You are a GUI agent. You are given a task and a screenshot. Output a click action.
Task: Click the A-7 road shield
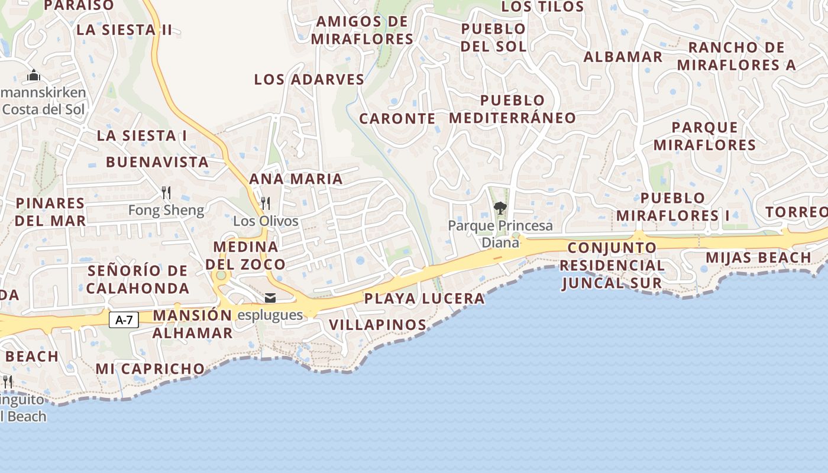124,320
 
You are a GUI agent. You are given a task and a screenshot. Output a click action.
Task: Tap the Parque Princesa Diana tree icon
500,208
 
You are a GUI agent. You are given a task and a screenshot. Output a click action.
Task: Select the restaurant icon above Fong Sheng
166,193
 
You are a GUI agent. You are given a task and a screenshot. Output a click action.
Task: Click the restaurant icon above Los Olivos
266,203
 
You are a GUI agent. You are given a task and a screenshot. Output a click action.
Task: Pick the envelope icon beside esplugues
270,298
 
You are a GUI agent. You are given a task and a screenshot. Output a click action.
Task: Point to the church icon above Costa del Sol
34,75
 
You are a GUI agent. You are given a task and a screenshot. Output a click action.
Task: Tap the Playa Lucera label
424,299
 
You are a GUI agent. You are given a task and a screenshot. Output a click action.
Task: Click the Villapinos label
377,325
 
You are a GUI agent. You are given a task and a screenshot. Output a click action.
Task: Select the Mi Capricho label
150,369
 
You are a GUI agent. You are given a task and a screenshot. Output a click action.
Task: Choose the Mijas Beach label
758,258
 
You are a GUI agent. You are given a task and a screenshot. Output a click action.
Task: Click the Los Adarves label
309,79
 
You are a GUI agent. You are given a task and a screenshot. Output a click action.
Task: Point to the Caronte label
397,118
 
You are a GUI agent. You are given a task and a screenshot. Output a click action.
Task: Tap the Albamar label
623,57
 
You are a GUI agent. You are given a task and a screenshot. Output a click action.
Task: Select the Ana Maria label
296,179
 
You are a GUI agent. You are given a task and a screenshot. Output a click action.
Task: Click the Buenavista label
157,162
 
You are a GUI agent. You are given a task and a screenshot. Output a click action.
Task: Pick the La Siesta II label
124,30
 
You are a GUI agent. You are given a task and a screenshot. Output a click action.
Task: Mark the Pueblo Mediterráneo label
512,109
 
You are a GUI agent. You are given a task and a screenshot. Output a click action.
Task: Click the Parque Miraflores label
704,136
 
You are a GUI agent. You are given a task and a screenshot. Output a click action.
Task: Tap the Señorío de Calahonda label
138,280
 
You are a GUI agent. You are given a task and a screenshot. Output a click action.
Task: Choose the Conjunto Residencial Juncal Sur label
612,265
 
